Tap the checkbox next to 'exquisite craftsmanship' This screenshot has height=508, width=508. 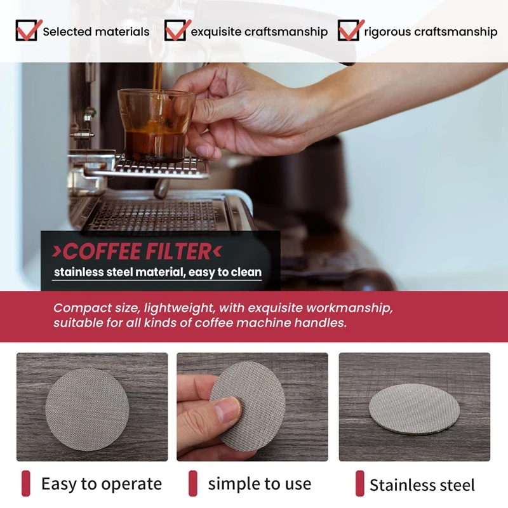pyautogui.click(x=175, y=30)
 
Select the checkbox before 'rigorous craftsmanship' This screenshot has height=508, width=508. pyautogui.click(x=348, y=30)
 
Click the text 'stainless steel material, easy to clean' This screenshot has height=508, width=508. pyautogui.click(x=157, y=272)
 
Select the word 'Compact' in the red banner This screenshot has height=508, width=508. pyautogui.click(x=77, y=308)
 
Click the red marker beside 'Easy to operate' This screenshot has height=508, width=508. pyautogui.click(x=26, y=484)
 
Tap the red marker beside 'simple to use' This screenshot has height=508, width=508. pyautogui.click(x=193, y=484)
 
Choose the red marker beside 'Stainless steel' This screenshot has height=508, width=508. pyautogui.click(x=359, y=484)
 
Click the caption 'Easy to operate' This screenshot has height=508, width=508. pyautogui.click(x=102, y=484)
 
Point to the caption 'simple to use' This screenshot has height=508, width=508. pyautogui.click(x=260, y=484)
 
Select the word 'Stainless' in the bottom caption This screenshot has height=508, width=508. pyautogui.click(x=400, y=486)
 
